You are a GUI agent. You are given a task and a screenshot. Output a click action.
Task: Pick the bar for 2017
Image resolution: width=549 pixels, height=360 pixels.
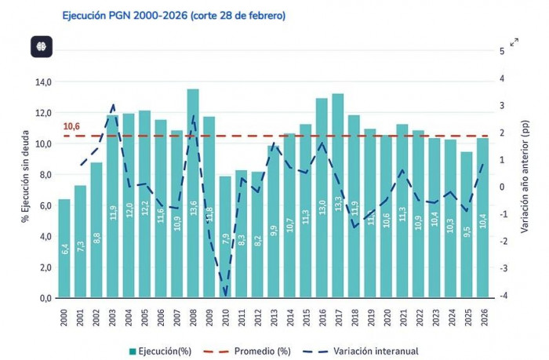tap(338, 196)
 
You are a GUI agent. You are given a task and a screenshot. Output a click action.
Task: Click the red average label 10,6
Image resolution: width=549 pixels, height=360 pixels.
tap(72, 126)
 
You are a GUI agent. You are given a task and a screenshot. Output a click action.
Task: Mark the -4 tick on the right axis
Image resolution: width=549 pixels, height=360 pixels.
tap(503, 295)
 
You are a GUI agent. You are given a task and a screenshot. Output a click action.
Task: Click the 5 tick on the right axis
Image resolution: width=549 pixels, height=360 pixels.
tap(503, 51)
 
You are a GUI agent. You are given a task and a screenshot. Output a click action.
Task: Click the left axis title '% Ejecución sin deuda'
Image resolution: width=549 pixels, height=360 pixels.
tap(26, 188)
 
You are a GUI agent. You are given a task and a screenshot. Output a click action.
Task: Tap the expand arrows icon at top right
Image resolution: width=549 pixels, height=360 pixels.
tap(514, 42)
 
